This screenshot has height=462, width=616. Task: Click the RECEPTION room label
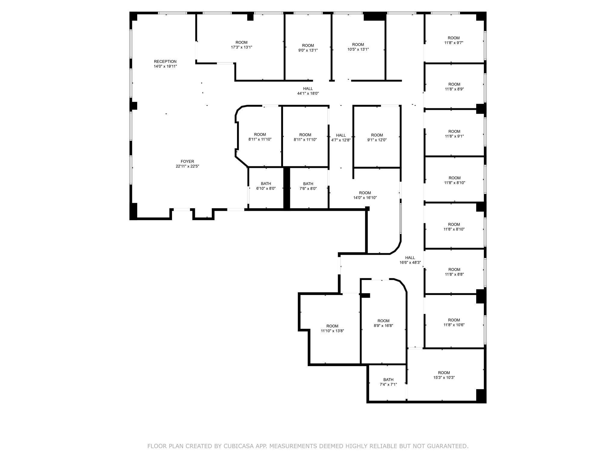click(x=165, y=62)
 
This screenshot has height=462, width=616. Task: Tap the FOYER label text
click(x=187, y=162)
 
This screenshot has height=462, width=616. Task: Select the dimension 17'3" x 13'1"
click(x=242, y=47)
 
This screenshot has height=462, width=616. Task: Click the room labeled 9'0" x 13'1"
click(x=308, y=48)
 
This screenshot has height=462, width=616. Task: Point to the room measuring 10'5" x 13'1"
click(x=358, y=47)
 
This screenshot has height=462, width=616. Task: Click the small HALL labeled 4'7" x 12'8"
click(x=341, y=137)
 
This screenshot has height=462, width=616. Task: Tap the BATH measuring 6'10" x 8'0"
click(x=266, y=186)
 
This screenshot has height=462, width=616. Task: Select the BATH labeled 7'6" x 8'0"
click(x=308, y=186)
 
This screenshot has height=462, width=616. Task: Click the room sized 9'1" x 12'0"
click(x=377, y=137)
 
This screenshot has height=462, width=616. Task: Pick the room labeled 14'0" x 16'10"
click(x=365, y=195)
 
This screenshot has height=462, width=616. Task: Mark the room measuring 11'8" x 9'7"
click(x=454, y=40)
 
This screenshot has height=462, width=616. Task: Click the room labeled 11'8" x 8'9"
click(x=454, y=87)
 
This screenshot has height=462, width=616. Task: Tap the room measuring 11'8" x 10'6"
click(x=454, y=322)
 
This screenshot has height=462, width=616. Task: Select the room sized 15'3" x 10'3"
click(x=444, y=375)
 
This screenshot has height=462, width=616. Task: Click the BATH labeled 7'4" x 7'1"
click(x=388, y=382)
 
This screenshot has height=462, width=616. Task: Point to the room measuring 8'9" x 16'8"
click(x=383, y=323)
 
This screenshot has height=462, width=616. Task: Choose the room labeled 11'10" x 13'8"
click(x=332, y=328)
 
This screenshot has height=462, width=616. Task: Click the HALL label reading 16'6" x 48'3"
click(x=410, y=260)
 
